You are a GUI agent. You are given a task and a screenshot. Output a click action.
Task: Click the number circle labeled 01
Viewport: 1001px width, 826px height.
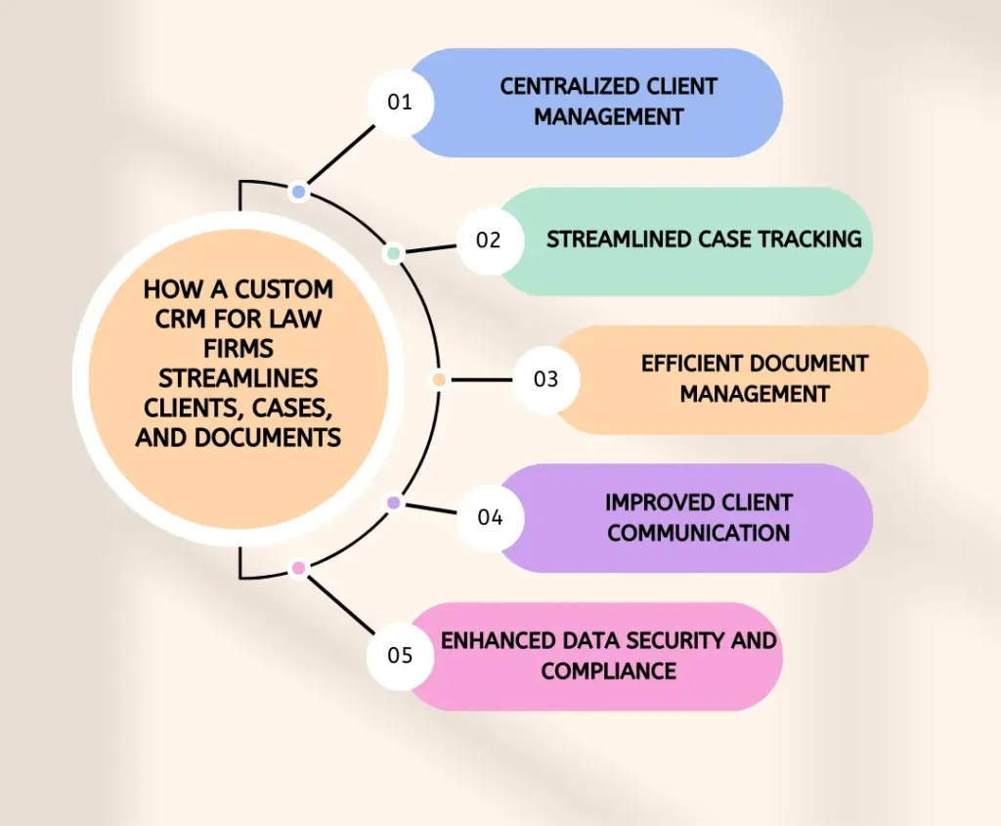tap(400, 102)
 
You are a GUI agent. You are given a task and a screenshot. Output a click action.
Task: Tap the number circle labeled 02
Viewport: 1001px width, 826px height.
tap(488, 239)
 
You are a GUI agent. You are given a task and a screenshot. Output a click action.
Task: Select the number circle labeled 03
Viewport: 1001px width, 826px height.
tap(545, 379)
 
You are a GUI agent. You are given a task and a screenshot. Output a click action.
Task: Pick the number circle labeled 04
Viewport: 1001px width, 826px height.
tap(490, 517)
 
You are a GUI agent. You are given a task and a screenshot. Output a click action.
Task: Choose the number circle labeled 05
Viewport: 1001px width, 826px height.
tap(400, 655)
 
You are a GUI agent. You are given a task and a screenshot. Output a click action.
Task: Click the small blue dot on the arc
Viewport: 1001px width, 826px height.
tap(298, 192)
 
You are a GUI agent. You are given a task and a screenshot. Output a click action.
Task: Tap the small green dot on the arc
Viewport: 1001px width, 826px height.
tap(393, 253)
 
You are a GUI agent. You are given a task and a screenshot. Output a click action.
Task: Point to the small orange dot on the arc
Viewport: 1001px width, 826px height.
tap(439, 379)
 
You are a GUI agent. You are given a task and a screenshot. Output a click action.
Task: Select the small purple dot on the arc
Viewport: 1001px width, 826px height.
tap(394, 502)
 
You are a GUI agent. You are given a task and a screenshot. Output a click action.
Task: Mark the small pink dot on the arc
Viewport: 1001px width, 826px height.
tap(298, 568)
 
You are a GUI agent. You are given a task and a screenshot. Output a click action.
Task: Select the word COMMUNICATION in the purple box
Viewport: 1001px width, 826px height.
tap(698, 533)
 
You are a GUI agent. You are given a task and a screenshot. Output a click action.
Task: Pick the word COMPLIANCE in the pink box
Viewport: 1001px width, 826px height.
tap(608, 671)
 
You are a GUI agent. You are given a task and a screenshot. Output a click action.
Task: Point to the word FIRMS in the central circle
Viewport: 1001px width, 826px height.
tap(239, 348)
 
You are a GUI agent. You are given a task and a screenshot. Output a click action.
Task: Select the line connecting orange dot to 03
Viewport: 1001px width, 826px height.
tap(479, 379)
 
